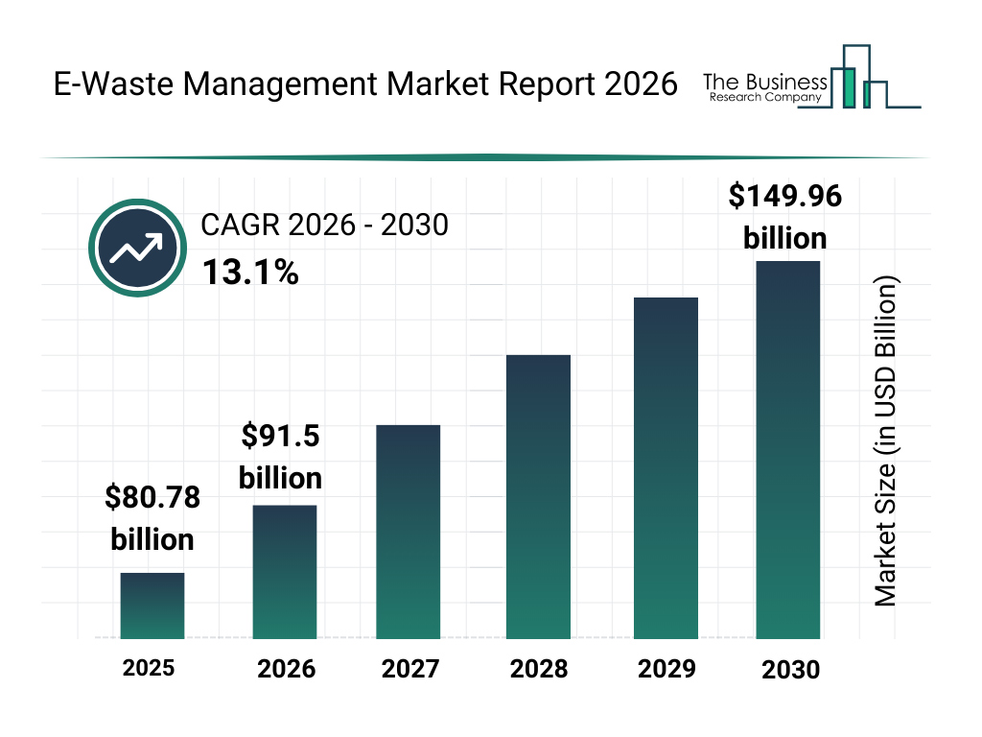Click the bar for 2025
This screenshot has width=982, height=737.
152,606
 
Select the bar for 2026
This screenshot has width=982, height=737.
284,572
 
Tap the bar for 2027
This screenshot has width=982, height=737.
409,532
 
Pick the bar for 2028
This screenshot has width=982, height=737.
538,497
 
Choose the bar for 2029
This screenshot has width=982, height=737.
666,468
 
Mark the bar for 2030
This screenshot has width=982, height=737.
788,449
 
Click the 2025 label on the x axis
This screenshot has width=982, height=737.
149,668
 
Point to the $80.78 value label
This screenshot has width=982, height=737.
152,498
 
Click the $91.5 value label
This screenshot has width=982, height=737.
280,437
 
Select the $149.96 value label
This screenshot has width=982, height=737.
785,196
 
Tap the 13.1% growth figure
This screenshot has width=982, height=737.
250,273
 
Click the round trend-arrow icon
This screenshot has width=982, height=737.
135,249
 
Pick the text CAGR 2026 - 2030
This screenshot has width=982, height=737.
324,226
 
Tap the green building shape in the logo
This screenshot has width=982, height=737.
847,86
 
